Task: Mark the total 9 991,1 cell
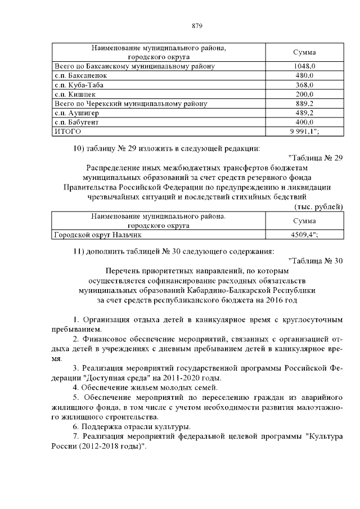(304, 131)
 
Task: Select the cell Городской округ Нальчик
(97, 235)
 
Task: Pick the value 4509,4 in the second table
(304, 235)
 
